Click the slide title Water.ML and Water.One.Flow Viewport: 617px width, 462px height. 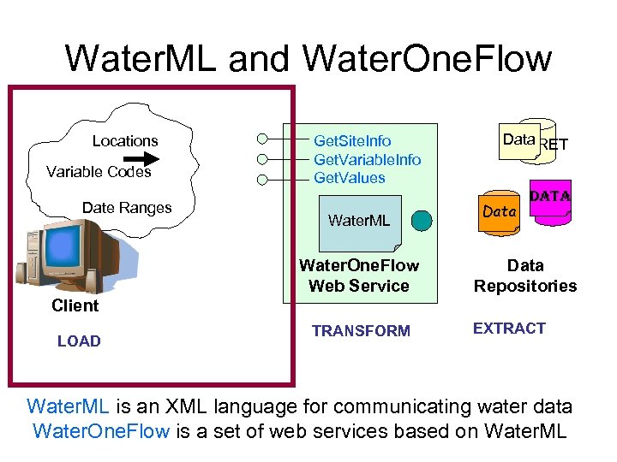(x=308, y=59)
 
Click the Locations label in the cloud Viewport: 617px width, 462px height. (x=125, y=141)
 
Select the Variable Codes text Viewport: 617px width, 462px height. (x=99, y=172)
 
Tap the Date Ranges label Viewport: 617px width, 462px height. (x=127, y=208)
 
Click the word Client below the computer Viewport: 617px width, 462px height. (x=75, y=305)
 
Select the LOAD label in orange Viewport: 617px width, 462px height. (x=79, y=341)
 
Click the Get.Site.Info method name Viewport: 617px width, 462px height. (x=352, y=141)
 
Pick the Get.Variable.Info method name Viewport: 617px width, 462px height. (x=367, y=159)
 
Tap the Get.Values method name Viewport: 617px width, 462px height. (x=350, y=178)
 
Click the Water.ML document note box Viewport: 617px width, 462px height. (x=359, y=221)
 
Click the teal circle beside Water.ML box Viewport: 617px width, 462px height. (x=421, y=221)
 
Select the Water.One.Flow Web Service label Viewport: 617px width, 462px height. (x=359, y=275)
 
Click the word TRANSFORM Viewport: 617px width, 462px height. (x=361, y=331)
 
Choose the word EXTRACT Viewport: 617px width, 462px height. (x=509, y=329)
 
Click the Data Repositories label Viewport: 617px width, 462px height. (x=525, y=275)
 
